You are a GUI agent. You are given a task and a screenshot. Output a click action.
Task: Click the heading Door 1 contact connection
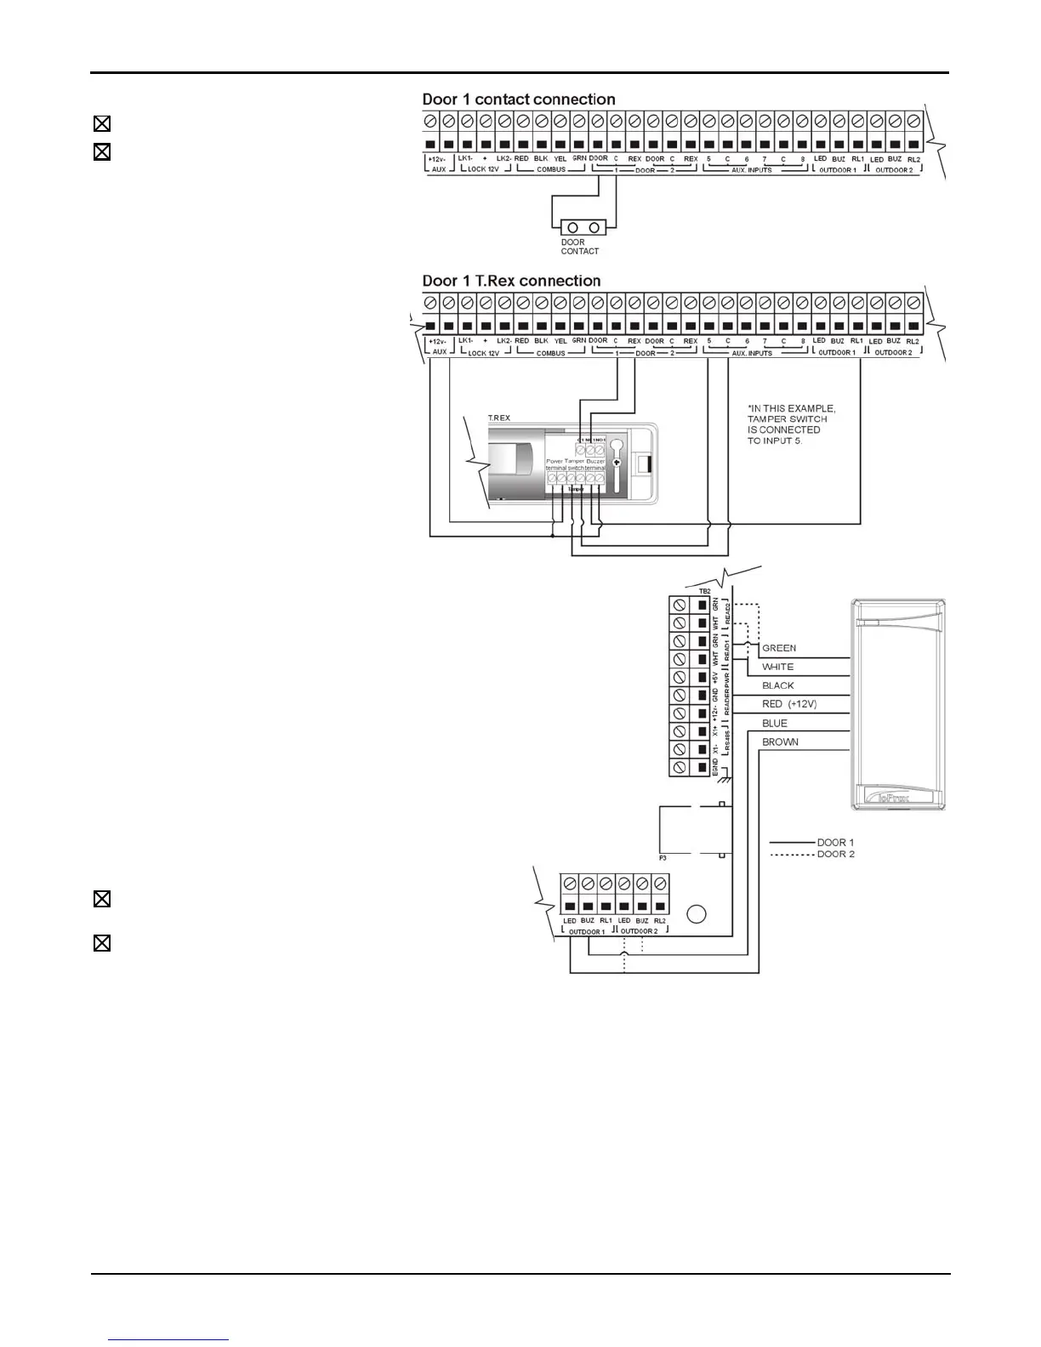click(x=519, y=99)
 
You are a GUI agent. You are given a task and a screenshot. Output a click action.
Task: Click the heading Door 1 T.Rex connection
click(x=511, y=281)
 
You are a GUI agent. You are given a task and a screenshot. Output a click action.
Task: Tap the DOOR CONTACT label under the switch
click(x=579, y=247)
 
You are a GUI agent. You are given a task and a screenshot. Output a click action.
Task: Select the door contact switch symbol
click(x=582, y=227)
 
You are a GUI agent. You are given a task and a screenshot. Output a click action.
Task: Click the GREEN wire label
click(x=779, y=648)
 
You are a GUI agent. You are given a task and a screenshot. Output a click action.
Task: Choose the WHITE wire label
click(x=777, y=667)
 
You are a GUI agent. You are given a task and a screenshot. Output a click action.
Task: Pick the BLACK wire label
click(x=777, y=685)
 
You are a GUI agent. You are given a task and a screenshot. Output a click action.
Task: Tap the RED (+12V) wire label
click(x=789, y=704)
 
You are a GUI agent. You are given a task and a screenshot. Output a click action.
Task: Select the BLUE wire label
click(x=775, y=723)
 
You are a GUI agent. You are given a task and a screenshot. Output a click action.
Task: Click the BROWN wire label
click(x=780, y=742)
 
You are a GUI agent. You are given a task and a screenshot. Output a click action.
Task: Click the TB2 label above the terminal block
click(x=703, y=590)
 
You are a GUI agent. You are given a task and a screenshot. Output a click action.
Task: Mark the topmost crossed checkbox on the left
click(x=101, y=124)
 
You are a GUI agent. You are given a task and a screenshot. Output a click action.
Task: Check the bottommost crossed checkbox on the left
click(x=101, y=943)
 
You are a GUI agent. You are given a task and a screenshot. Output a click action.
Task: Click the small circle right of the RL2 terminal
click(x=696, y=915)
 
